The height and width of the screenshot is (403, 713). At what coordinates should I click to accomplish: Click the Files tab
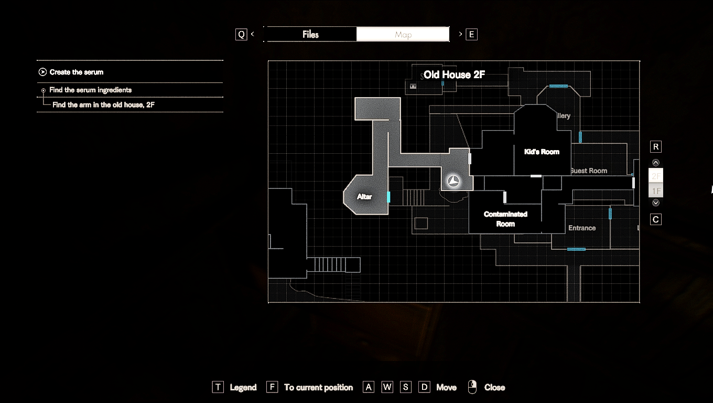pyautogui.click(x=310, y=35)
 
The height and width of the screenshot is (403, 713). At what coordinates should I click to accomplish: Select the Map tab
pyautogui.click(x=403, y=35)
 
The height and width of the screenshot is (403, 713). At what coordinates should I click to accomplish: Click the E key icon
pyautogui.click(x=471, y=35)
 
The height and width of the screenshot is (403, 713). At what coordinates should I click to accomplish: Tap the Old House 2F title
pyautogui.click(x=454, y=75)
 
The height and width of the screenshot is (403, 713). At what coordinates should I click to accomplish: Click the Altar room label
pyautogui.click(x=364, y=197)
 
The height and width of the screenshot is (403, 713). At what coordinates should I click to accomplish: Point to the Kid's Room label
pyautogui.click(x=542, y=152)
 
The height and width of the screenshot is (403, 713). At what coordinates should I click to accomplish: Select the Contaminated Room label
pyautogui.click(x=505, y=219)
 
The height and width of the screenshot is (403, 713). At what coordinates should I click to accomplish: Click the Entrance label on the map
pyautogui.click(x=582, y=228)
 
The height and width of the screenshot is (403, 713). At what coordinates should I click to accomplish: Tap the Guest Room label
pyautogui.click(x=589, y=171)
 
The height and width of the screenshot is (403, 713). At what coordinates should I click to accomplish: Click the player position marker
pyautogui.click(x=453, y=182)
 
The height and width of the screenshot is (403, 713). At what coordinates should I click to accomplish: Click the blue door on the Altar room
pyautogui.click(x=388, y=197)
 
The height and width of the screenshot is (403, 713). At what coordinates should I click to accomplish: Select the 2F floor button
pyautogui.click(x=656, y=176)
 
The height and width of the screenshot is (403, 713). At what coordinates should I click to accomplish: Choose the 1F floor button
pyautogui.click(x=656, y=191)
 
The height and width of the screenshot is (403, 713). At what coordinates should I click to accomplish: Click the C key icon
pyautogui.click(x=656, y=219)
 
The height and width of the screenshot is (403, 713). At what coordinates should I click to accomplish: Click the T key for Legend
pyautogui.click(x=218, y=387)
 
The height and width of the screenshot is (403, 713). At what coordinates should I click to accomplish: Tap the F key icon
pyautogui.click(x=272, y=387)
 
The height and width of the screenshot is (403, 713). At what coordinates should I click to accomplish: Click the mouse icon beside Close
pyautogui.click(x=472, y=387)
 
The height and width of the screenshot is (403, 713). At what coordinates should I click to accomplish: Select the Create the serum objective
pyautogui.click(x=77, y=72)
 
